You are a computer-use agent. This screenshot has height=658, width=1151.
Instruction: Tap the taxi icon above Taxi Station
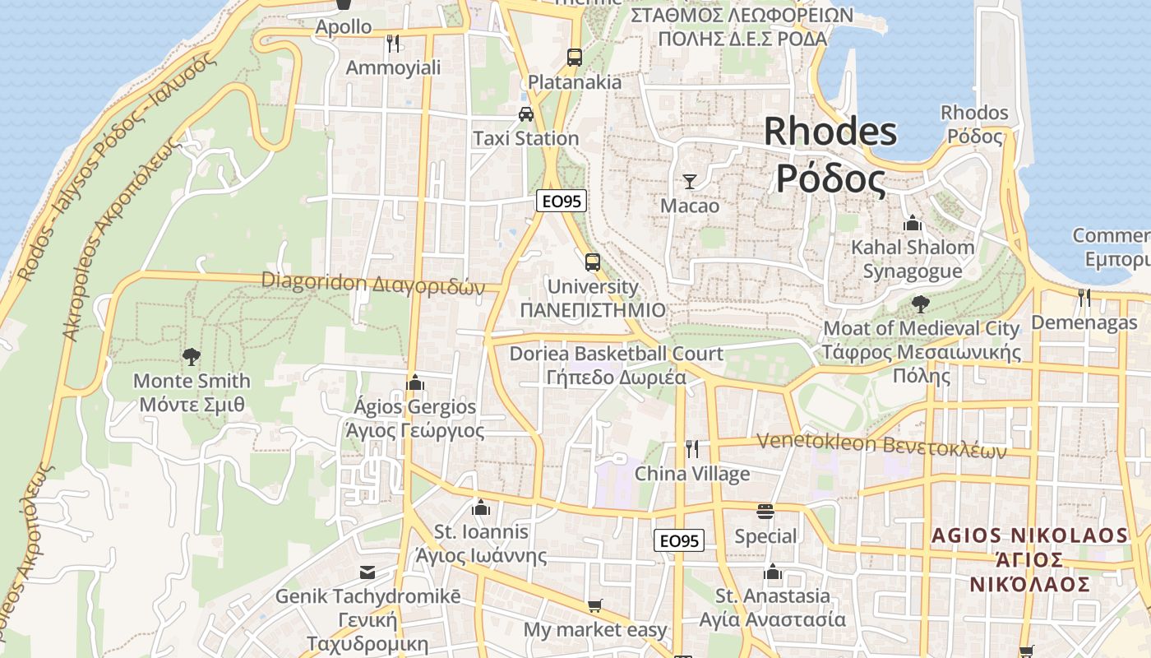pos(526,114)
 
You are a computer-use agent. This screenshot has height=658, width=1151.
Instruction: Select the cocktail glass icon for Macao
pos(689,181)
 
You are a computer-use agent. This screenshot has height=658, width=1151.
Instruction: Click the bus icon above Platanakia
pos(574,58)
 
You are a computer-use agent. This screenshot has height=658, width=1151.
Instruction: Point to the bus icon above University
pos(592,262)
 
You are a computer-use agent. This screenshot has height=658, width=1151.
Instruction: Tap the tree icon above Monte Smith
pos(192,357)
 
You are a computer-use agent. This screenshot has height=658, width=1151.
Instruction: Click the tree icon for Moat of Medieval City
pos(920,304)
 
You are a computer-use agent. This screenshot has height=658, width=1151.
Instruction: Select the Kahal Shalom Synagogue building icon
pos(912,223)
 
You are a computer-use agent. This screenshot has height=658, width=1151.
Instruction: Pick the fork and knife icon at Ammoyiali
pos(393,44)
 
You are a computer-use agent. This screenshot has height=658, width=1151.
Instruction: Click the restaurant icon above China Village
pos(692,449)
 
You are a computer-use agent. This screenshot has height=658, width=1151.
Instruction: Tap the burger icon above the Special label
pos(765,512)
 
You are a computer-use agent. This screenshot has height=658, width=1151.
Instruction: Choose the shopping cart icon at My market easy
pos(594,606)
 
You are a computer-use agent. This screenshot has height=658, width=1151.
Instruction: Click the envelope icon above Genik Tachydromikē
pos(367,572)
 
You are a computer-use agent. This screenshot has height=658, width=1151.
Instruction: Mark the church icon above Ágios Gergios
pos(415,382)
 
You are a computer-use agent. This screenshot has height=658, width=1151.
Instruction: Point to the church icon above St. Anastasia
pos(772,572)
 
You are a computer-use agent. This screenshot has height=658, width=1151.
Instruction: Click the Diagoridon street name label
pos(369,282)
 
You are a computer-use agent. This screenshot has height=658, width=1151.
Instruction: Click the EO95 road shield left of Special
pos(679,540)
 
